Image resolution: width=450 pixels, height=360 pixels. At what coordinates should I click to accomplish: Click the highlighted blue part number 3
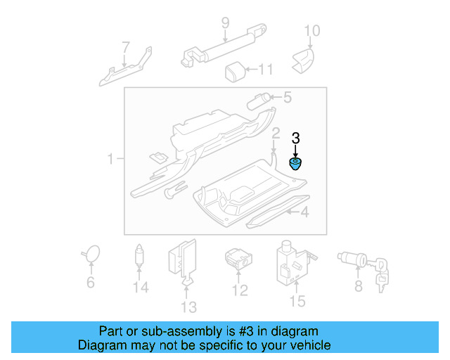click(x=296, y=165)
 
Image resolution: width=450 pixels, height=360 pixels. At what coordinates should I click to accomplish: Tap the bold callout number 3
click(x=296, y=138)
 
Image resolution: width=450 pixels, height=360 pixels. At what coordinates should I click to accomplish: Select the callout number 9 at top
click(x=225, y=23)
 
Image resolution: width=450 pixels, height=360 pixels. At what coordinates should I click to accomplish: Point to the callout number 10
click(x=311, y=30)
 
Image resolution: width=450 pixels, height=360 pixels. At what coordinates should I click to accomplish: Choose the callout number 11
click(x=266, y=70)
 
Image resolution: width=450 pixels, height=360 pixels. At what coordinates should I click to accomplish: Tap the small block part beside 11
click(x=234, y=70)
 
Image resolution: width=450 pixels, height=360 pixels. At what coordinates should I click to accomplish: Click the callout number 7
click(x=126, y=48)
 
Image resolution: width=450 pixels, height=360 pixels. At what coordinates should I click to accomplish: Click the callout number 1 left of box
click(x=110, y=160)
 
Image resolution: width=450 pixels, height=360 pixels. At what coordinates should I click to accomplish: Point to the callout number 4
click(x=304, y=212)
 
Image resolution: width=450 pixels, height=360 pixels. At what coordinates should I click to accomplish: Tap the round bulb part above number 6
click(x=91, y=253)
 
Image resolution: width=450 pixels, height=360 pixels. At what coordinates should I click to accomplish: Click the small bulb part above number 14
click(x=141, y=255)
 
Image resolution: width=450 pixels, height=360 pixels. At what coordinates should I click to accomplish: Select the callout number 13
click(x=188, y=307)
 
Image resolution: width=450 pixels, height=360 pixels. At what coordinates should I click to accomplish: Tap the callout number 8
click(x=359, y=286)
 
